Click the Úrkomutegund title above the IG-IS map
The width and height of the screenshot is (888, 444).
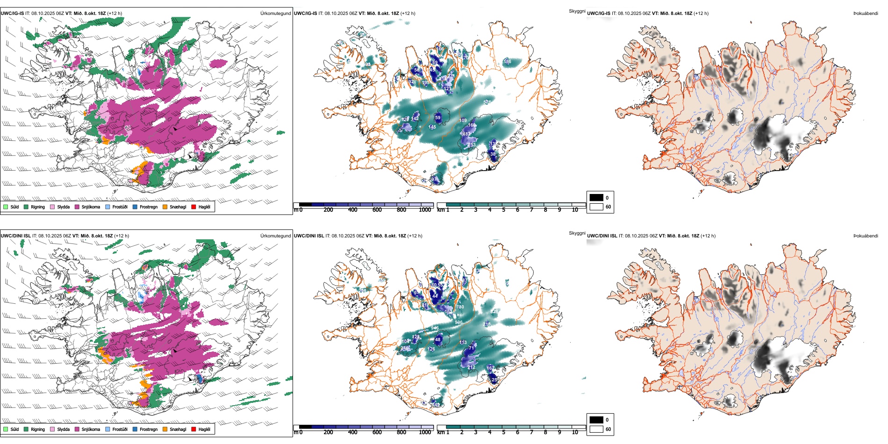click(275, 14)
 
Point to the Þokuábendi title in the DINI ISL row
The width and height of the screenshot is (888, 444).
click(866, 236)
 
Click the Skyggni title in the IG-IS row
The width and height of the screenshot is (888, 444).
click(577, 11)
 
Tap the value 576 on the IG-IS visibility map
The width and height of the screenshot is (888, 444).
click(487, 102)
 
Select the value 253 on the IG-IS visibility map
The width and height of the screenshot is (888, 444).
click(472, 145)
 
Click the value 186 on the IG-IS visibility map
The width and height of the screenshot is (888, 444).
click(507, 62)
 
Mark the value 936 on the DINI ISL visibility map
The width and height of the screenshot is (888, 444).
click(458, 322)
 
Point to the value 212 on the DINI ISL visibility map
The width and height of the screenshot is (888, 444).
click(471, 367)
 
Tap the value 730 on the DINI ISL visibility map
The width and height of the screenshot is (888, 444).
click(460, 307)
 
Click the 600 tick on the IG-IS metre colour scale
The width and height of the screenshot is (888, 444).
click(377, 210)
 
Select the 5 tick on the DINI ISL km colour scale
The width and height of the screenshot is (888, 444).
click(503, 432)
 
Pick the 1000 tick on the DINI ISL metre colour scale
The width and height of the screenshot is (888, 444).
click(425, 432)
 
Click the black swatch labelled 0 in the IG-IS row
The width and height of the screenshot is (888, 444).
click(596, 198)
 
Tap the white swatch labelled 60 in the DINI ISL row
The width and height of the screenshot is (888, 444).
click(596, 429)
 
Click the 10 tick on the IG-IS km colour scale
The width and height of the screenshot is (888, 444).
click(575, 210)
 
